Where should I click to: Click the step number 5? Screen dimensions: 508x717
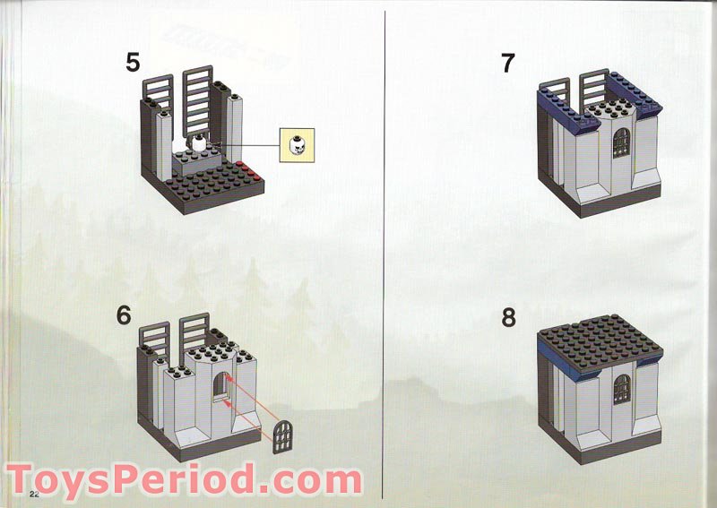point(133,63)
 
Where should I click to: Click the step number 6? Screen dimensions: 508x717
point(124,315)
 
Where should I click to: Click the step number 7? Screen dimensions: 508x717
point(508,64)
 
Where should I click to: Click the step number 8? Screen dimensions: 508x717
point(508,318)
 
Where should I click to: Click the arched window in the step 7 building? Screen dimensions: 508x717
point(621,142)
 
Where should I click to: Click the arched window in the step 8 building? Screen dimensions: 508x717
point(621,389)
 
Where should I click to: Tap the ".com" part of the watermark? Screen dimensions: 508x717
point(309,481)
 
